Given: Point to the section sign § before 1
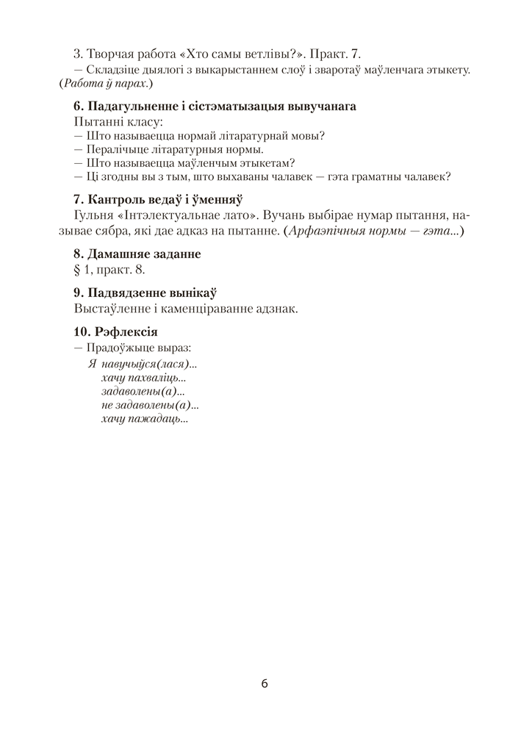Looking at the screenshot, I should (x=78, y=270).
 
